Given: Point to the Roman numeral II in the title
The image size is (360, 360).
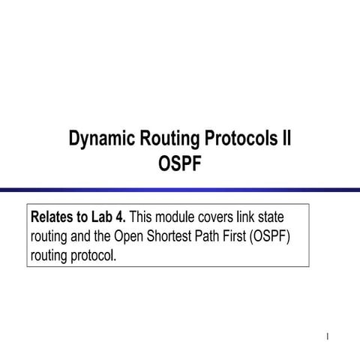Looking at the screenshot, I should [x=286, y=139].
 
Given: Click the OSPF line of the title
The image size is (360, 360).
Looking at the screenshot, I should [x=180, y=163].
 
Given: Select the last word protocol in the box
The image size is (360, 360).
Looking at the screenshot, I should [x=91, y=255].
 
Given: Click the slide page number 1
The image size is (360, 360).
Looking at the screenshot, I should [x=328, y=334].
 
